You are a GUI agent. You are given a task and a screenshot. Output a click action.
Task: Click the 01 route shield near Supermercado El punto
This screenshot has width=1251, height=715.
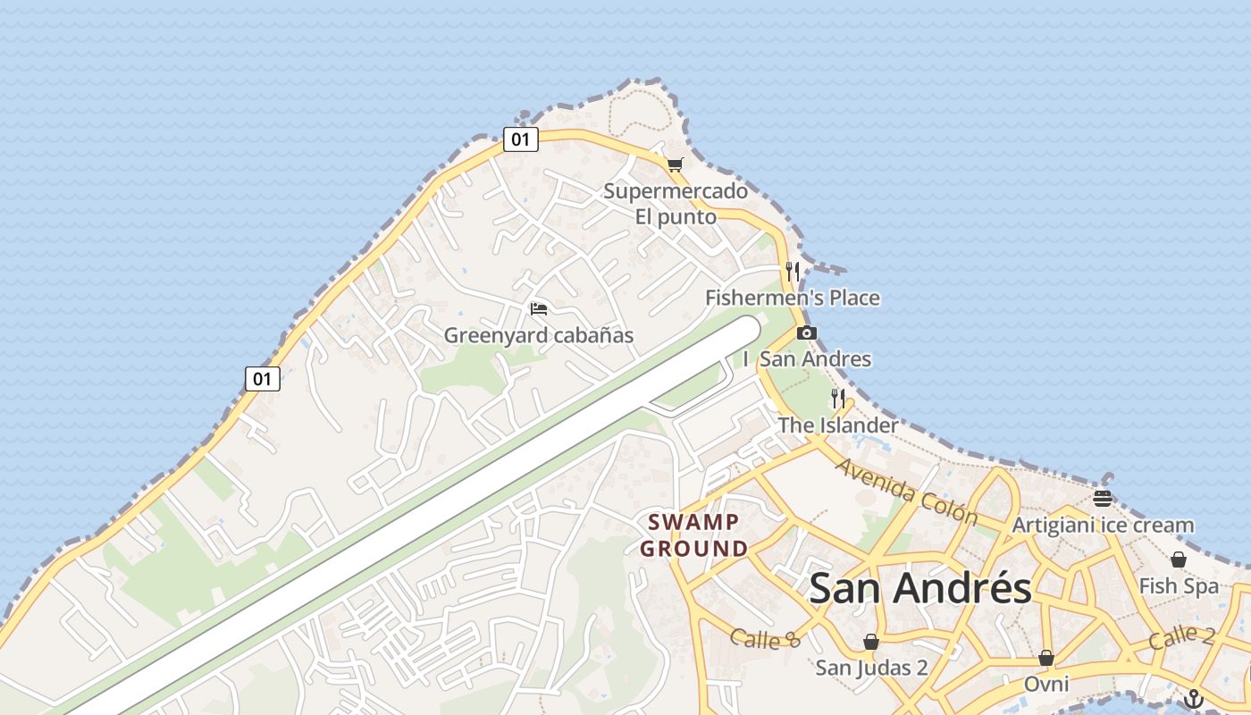click(520, 139)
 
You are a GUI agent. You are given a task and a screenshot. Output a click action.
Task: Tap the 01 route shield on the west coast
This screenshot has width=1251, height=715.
click(262, 379)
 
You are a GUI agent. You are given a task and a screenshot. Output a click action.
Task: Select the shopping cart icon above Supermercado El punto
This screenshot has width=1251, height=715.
click(675, 164)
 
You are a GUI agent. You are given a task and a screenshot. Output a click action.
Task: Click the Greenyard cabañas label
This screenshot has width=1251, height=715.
click(539, 336)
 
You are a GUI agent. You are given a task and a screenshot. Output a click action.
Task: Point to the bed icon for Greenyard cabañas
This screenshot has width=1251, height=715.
click(538, 309)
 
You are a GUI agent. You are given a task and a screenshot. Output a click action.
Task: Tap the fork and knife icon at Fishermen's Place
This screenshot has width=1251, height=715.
click(793, 271)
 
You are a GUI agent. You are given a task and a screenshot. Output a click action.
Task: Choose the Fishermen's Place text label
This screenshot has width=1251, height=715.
click(793, 298)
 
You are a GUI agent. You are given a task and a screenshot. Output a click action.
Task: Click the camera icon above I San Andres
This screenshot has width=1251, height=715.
click(806, 333)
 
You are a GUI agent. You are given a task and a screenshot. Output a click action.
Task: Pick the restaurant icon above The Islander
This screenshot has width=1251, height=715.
click(837, 399)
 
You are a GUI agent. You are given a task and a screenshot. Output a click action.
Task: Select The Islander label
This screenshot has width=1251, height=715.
click(837, 425)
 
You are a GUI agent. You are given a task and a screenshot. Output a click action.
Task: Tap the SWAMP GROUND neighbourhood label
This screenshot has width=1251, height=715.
click(694, 534)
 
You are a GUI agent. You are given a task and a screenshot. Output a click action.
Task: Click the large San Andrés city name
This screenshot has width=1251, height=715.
click(920, 589)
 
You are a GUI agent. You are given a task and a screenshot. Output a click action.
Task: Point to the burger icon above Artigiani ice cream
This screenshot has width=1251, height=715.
click(1103, 499)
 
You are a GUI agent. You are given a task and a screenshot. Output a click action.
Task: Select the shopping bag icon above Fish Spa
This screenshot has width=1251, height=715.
click(1179, 560)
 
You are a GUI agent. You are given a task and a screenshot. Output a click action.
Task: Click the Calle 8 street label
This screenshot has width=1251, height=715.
click(765, 638)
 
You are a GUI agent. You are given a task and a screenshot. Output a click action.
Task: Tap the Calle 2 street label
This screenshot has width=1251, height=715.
click(1181, 637)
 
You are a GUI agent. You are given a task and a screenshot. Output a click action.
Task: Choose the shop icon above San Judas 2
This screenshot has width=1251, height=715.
click(871, 642)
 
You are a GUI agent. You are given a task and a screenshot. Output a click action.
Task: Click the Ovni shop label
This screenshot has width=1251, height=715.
click(1046, 684)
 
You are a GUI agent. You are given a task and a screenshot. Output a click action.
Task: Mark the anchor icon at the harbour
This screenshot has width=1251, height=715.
click(1194, 699)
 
